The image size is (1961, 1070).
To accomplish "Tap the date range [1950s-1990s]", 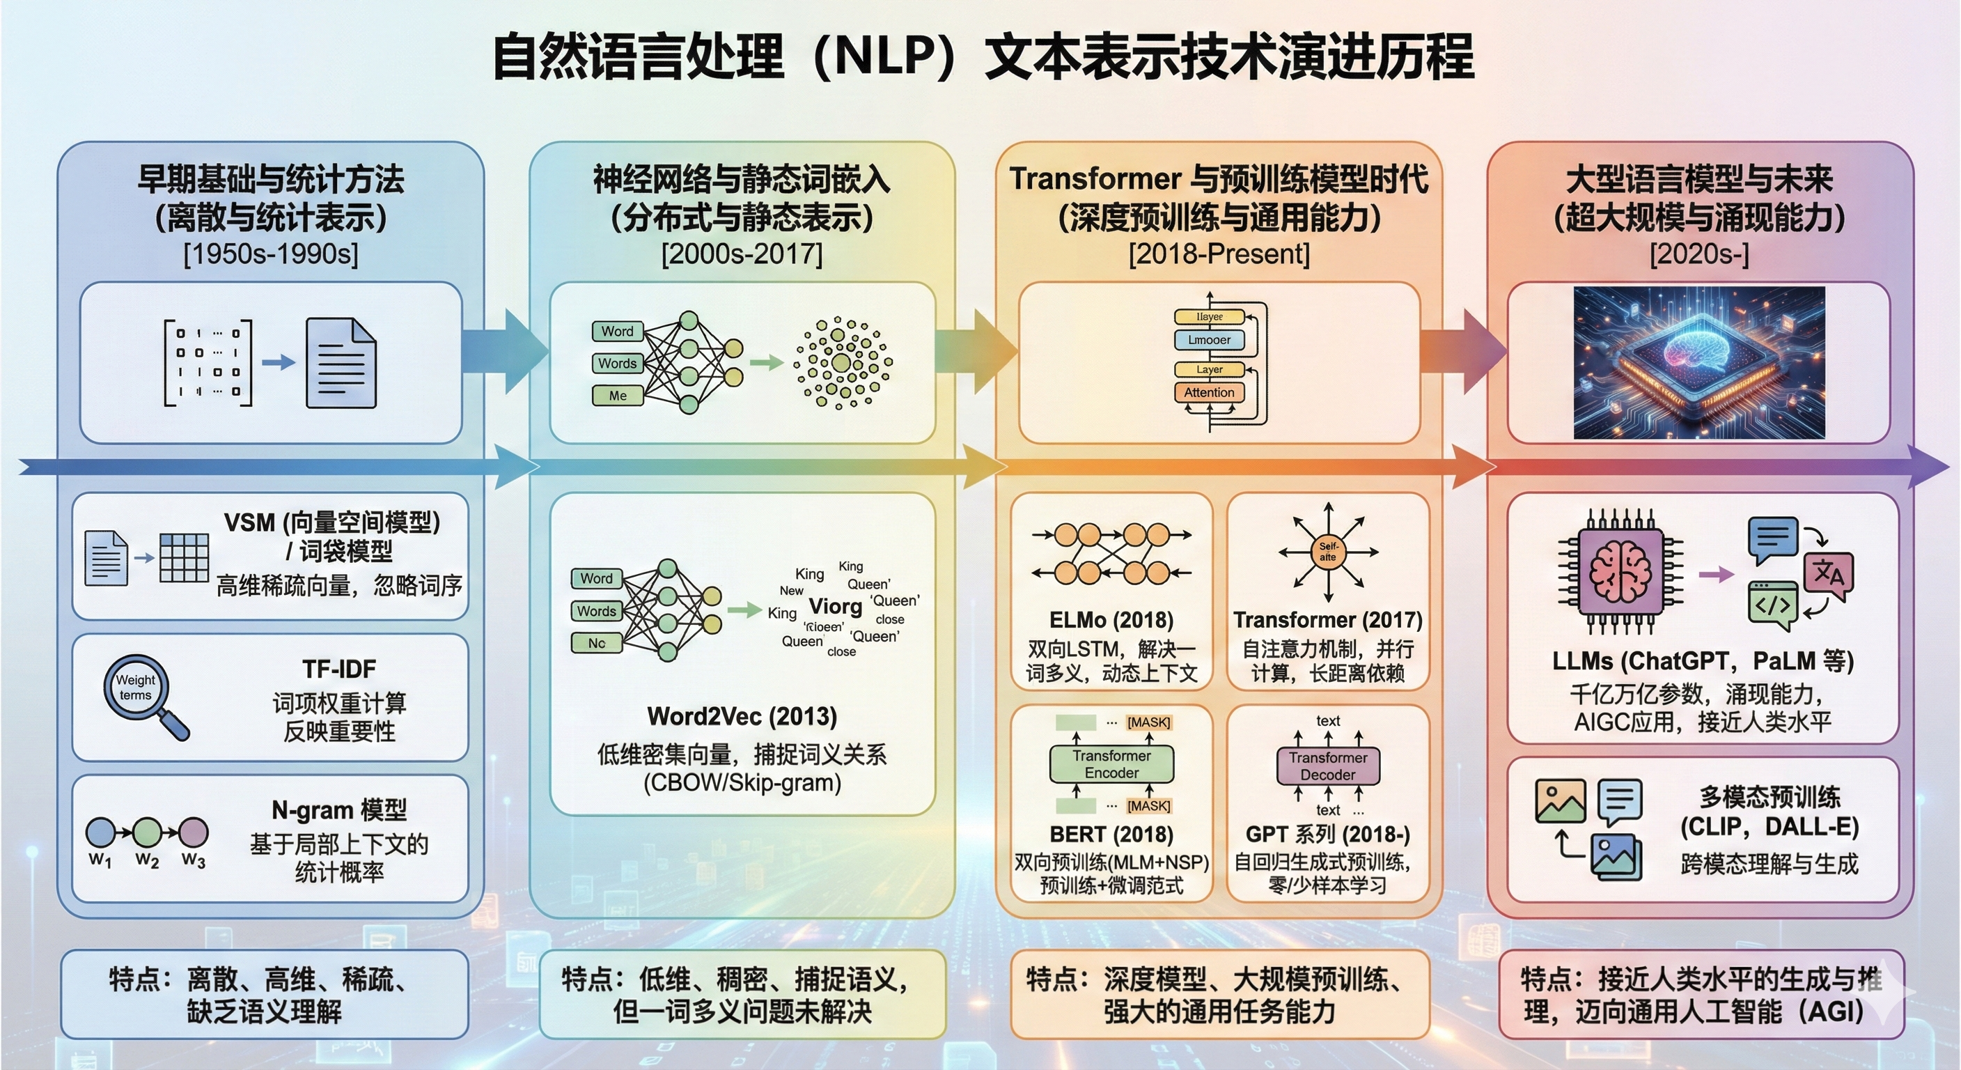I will coord(270,254).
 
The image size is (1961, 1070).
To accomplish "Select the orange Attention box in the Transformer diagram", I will coord(1209,392).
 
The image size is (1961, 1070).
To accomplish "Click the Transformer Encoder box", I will coord(1111,764).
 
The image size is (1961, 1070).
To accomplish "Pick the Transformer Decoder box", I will coord(1327,766).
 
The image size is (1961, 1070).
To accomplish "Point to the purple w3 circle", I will coord(194,833).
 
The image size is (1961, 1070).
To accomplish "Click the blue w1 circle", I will coord(100,833).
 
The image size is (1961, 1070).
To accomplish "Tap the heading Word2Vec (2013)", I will coord(742,716).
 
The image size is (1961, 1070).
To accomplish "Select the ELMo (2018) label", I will coord(1111,620).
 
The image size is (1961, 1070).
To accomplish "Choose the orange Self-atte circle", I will coord(1327,552).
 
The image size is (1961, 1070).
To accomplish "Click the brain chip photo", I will coord(1698,362).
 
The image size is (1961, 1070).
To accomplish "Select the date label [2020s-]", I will coord(1699,254).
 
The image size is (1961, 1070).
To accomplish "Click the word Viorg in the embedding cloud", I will coord(835,606).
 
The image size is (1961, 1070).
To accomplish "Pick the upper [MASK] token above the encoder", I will coord(1149,722).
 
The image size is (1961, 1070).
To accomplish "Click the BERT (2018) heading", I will coord(1111,834).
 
